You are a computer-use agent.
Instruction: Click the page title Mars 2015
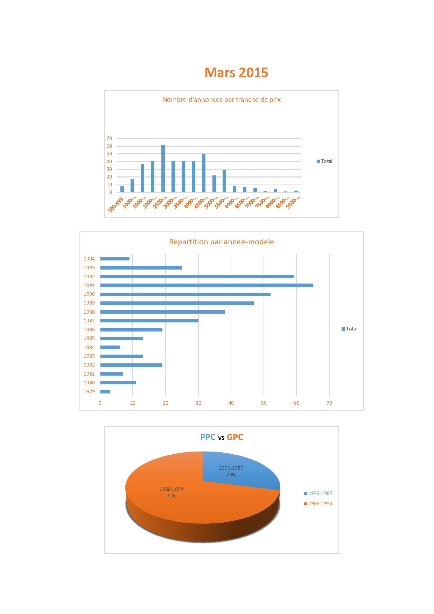236,72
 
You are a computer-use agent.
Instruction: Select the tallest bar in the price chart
163,169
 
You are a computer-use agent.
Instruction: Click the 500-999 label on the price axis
116,204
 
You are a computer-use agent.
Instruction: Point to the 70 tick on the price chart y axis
109,138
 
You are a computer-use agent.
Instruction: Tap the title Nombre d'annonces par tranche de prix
222,100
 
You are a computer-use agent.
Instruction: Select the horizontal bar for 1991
206,285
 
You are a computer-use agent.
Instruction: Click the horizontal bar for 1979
105,391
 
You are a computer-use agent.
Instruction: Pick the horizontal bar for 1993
141,268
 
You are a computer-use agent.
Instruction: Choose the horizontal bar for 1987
149,321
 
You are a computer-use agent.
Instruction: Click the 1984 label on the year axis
89,347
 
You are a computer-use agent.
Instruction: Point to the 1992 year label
89,277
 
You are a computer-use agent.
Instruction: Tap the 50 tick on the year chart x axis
264,403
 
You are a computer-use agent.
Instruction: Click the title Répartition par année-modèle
222,242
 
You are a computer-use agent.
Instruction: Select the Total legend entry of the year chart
350,329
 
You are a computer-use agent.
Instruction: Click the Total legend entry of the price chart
324,161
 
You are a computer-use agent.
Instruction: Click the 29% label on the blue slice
231,475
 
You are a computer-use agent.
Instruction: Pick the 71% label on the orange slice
171,496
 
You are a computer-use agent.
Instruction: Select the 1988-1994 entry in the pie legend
318,503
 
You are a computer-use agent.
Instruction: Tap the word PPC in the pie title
208,437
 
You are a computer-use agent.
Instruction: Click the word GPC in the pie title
235,437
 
